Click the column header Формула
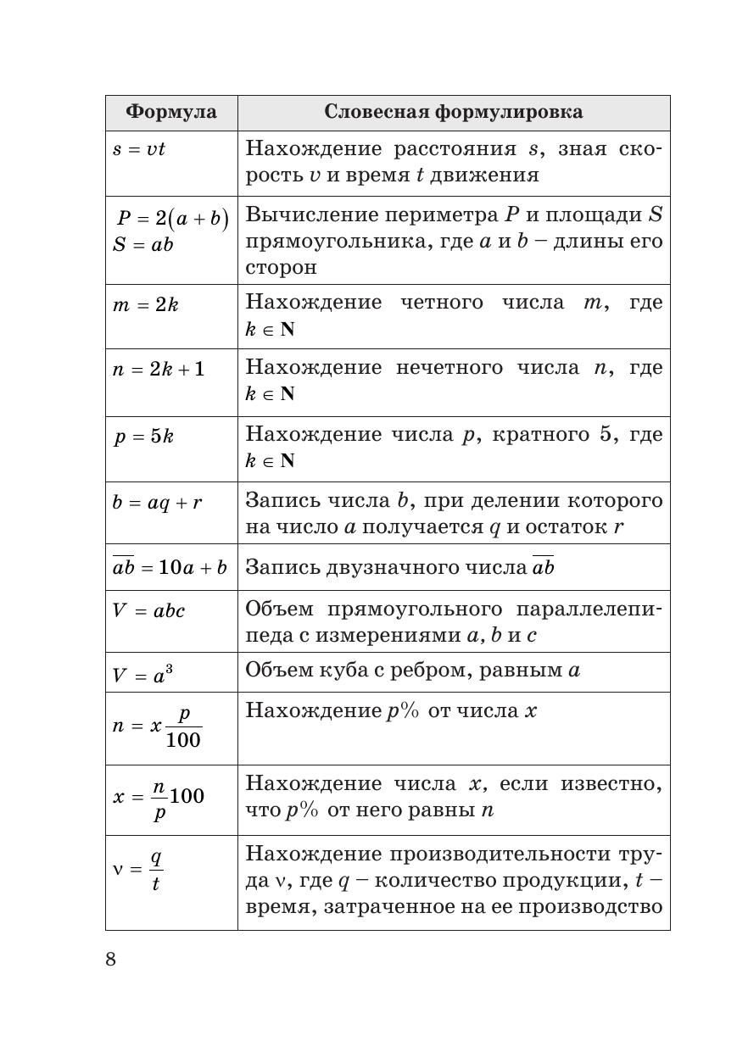pyautogui.click(x=170, y=112)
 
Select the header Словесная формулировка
pyautogui.click(x=453, y=112)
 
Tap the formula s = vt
pyautogui.click(x=138, y=149)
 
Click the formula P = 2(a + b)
pyautogui.click(x=172, y=219)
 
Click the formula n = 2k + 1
pyautogui.click(x=159, y=370)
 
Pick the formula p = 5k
pyautogui.click(x=144, y=437)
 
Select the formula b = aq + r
pyautogui.click(x=157, y=502)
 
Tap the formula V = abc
pyautogui.click(x=148, y=610)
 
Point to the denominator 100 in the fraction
pyautogui.click(x=183, y=740)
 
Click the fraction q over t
pyautogui.click(x=155, y=871)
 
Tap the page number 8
pyautogui.click(x=111, y=959)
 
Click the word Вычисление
pyautogui.click(x=304, y=215)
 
